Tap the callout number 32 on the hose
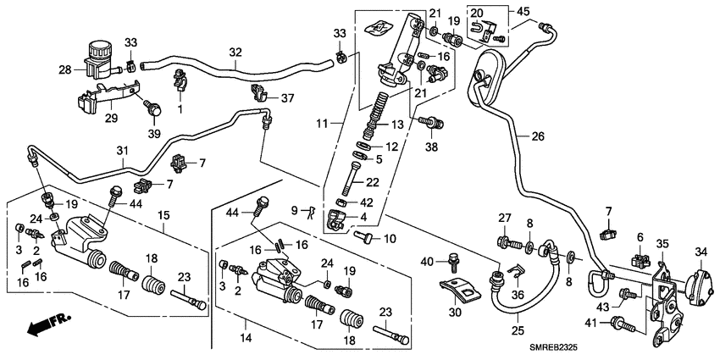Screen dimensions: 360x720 [236, 52]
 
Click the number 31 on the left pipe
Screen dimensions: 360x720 [122, 152]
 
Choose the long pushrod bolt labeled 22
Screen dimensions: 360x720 [351, 180]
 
